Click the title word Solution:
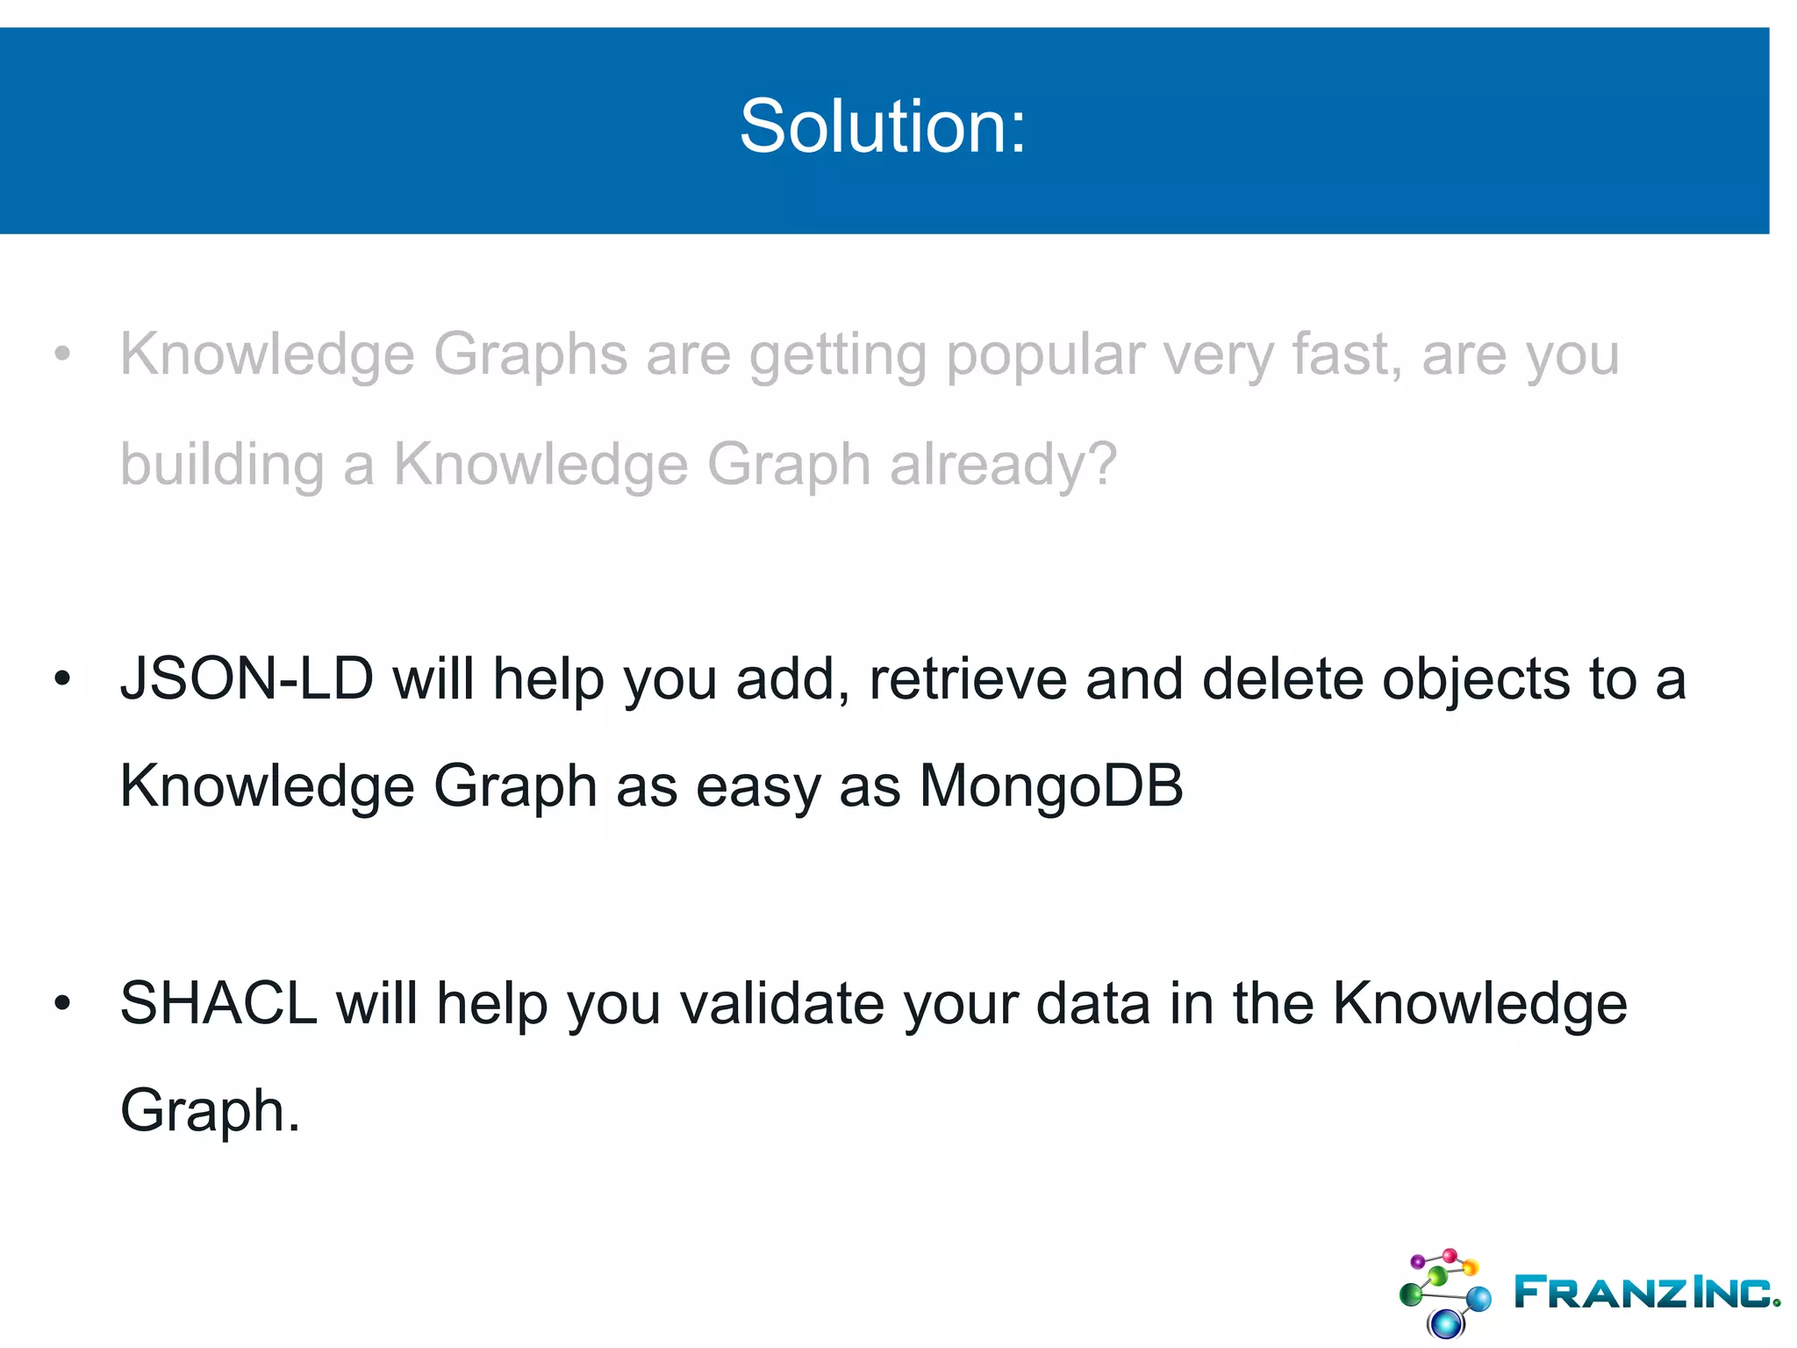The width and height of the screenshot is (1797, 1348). click(x=882, y=127)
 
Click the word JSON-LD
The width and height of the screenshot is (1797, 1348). click(x=247, y=680)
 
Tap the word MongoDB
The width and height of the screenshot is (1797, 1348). click(x=1050, y=785)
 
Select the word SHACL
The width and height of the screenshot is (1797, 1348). click(x=218, y=1003)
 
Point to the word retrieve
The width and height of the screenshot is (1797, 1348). click(x=967, y=680)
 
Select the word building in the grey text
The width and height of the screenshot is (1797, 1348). click(x=221, y=465)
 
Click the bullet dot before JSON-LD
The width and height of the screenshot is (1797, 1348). click(x=61, y=679)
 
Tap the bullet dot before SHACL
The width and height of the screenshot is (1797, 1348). click(x=61, y=1003)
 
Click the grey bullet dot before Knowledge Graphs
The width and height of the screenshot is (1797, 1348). click(x=61, y=355)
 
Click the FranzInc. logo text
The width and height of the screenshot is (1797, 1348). click(x=1647, y=1292)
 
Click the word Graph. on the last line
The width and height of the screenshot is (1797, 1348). click(x=210, y=1112)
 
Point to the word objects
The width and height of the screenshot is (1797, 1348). click(x=1476, y=680)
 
